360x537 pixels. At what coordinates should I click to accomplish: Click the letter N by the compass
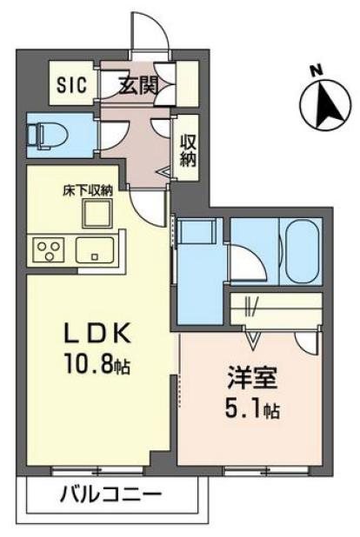pos(317,70)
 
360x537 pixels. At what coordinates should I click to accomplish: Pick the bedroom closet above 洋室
pos(277,308)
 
